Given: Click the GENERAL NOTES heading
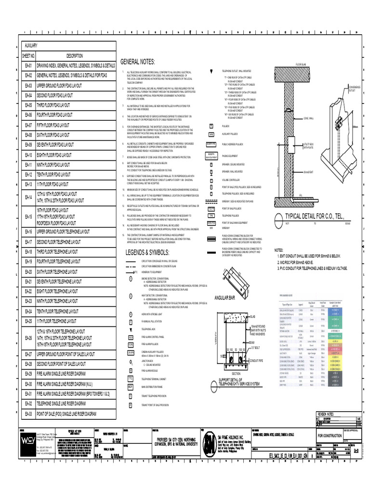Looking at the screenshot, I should point(138,62).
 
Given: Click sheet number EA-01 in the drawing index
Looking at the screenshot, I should point(28,65).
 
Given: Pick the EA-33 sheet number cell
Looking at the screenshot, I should point(28,414).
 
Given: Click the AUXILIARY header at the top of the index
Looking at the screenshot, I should point(31,45).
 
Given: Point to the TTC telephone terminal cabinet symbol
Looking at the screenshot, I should point(130,378).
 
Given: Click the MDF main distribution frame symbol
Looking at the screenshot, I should point(130,387).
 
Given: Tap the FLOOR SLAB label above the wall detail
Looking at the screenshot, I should point(302,64).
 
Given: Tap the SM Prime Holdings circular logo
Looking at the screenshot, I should point(209,441).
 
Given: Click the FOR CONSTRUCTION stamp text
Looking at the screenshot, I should point(330,436).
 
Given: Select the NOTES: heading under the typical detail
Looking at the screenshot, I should point(279,250).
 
